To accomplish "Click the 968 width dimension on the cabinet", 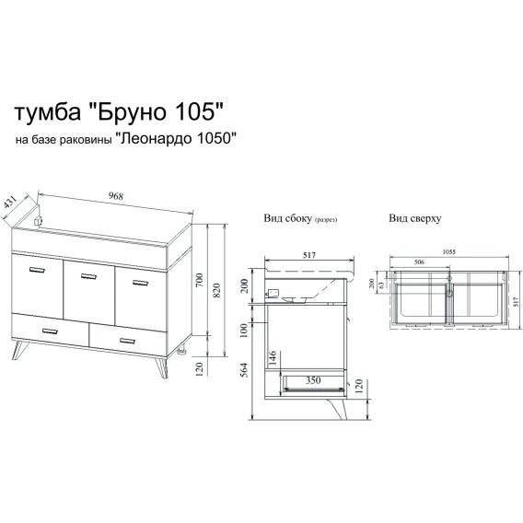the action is click(116, 196).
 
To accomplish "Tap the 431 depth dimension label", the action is click(10, 203).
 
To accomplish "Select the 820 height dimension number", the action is click(216, 290).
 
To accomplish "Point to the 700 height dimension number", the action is click(199, 281).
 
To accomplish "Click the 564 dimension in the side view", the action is click(244, 369).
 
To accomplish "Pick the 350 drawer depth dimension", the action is click(313, 380).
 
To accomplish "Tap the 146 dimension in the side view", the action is click(273, 357).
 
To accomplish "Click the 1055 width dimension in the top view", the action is click(449, 251).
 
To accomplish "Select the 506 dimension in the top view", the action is click(419, 261).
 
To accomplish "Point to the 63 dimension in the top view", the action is click(381, 285).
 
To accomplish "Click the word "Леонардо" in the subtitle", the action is click(158, 138).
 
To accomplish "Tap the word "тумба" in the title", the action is click(47, 112).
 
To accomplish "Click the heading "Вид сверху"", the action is click(415, 218).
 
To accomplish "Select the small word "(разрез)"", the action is click(326, 219).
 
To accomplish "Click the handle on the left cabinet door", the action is click(37, 270).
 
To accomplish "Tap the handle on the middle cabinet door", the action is click(88, 276).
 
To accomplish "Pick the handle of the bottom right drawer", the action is click(127, 341).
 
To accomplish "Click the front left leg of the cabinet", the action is click(19, 350).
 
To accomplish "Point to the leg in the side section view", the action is click(338, 409).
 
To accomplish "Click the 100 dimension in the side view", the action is click(244, 331).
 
